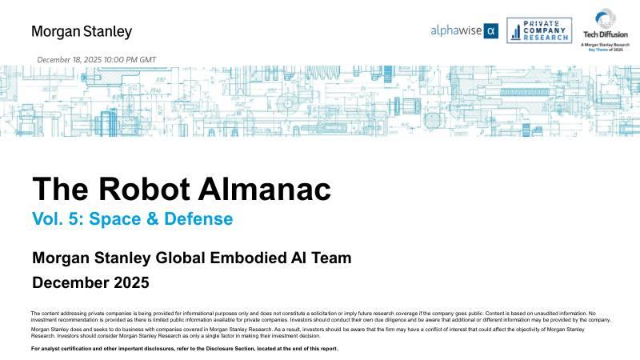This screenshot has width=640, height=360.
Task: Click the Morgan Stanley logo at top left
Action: (82, 32)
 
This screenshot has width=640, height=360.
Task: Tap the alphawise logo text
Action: (457, 31)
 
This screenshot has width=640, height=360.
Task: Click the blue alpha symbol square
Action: (492, 31)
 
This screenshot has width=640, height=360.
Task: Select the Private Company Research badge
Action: (539, 30)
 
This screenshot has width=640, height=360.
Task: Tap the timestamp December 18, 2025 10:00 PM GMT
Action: (97, 60)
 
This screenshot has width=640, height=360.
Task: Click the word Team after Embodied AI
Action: (330, 258)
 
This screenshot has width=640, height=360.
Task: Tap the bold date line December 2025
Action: (90, 282)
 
